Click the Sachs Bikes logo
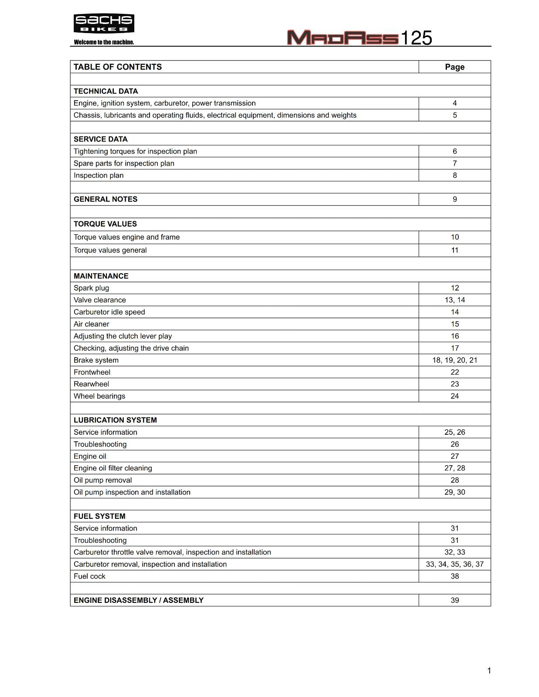click(104, 24)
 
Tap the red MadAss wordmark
click(343, 38)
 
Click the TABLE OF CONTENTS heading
click(118, 67)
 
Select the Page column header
click(454, 67)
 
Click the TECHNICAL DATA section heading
click(106, 91)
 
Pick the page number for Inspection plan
click(454, 175)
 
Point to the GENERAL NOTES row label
click(106, 199)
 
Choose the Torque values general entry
click(110, 250)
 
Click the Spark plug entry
click(92, 288)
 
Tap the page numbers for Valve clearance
click(454, 300)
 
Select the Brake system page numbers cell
click(454, 360)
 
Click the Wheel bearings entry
click(99, 396)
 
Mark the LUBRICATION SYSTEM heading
click(115, 420)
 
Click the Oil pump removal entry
click(103, 480)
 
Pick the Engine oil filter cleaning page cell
click(454, 468)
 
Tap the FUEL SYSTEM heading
click(99, 516)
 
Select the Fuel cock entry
click(90, 576)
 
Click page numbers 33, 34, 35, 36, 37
click(454, 564)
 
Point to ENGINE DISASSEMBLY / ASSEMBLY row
click(139, 600)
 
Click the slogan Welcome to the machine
click(104, 42)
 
